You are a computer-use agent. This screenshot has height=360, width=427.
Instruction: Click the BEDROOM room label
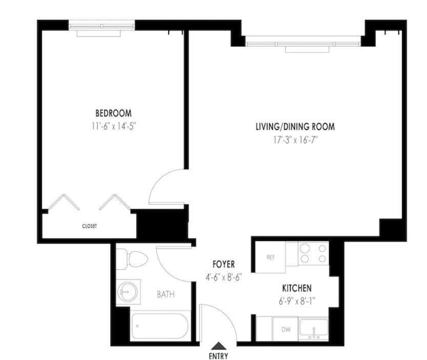pyautogui.click(x=113, y=113)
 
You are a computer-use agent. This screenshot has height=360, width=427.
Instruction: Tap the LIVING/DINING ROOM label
pyautogui.click(x=291, y=126)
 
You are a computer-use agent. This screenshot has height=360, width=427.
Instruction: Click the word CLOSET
pyautogui.click(x=89, y=226)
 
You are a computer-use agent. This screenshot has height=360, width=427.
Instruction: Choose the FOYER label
pyautogui.click(x=223, y=265)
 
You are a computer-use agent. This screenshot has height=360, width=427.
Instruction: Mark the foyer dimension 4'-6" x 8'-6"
pyautogui.click(x=223, y=276)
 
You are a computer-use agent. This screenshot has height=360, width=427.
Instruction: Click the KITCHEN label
pyautogui.click(x=296, y=288)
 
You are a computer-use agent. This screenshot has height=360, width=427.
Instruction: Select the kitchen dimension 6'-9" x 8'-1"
pyautogui.click(x=296, y=301)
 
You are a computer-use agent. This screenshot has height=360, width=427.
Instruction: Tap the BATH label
pyautogui.click(x=166, y=294)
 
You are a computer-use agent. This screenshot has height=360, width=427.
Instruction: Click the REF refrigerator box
pyautogui.click(x=270, y=256)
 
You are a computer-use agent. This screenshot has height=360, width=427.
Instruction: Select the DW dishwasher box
pyautogui.click(x=285, y=329)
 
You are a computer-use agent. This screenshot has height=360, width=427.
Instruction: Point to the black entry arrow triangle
pyautogui.click(x=218, y=347)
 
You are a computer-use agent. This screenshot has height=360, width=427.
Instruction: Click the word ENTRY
pyautogui.click(x=218, y=356)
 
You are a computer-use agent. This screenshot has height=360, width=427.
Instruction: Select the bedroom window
pyautogui.click(x=102, y=25)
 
